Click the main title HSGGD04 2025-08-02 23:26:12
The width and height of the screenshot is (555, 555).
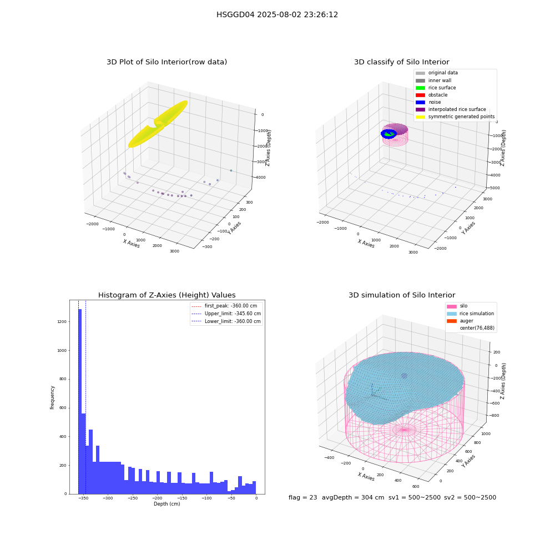277,15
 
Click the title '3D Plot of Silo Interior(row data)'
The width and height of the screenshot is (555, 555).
167,62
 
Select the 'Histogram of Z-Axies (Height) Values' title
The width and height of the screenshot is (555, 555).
167,295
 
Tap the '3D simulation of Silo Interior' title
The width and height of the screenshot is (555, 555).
402,295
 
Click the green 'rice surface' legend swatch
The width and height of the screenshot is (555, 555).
420,88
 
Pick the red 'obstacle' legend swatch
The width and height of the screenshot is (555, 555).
420,95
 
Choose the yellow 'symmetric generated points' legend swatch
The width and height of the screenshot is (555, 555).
420,117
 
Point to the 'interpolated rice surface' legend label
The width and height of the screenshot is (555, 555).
457,109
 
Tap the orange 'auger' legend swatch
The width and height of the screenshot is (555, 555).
452,321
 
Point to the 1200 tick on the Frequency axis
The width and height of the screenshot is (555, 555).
62,322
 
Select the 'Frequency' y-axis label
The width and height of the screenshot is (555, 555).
52,397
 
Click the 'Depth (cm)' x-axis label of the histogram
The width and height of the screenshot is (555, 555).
167,504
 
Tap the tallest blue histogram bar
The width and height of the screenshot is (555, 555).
80,401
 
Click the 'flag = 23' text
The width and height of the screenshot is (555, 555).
302,497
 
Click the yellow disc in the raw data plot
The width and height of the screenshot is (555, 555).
158,124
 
